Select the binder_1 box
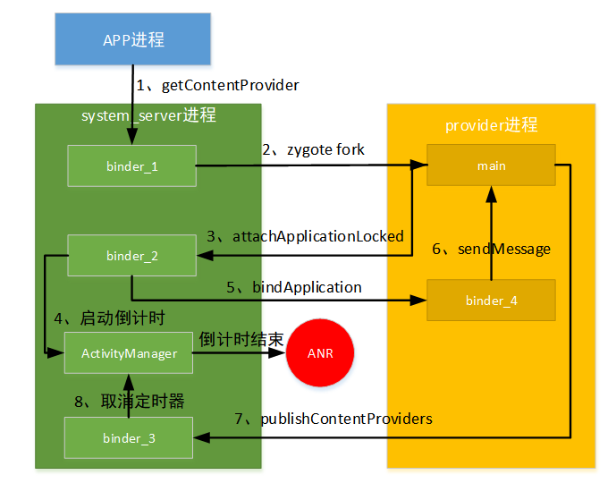(131, 166)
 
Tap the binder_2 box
(131, 257)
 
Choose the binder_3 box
(129, 438)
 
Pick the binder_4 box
(491, 301)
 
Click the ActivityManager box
(129, 353)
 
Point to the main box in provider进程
(491, 165)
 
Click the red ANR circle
(319, 353)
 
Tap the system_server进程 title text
(148, 116)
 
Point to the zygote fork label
(313, 150)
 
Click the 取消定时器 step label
(129, 402)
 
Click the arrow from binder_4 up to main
(491, 233)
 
